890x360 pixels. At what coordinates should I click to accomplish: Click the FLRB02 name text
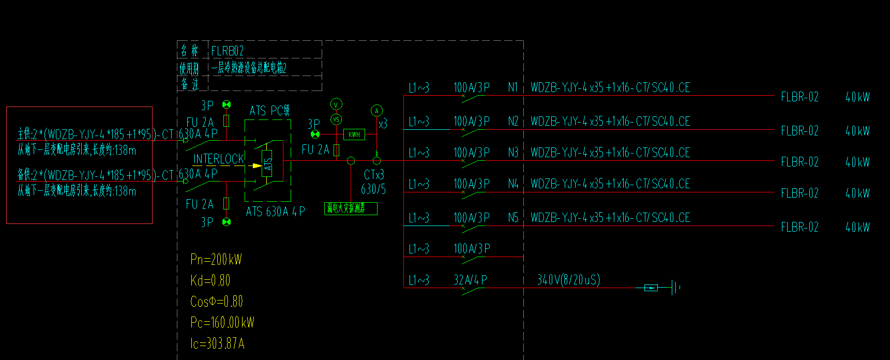point(228,51)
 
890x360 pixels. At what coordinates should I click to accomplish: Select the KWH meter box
point(354,134)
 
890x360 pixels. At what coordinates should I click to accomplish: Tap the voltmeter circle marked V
point(336,104)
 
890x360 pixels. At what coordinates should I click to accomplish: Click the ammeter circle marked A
point(376,111)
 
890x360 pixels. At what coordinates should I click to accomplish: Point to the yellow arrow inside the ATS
point(255,166)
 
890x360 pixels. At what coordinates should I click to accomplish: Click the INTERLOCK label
point(219,159)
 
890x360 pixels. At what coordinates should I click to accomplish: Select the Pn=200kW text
point(216,259)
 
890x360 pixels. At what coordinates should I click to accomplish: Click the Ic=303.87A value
point(217,343)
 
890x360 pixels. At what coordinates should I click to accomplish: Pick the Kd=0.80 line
point(210,280)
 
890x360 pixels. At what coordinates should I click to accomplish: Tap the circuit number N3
point(513,153)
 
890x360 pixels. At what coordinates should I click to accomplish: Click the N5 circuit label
point(513,218)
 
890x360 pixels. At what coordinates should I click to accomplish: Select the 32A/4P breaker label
point(470,280)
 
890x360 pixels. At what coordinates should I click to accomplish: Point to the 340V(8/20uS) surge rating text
point(569,280)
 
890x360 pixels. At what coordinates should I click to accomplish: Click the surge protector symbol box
point(651,288)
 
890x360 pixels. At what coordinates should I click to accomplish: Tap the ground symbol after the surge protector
point(675,288)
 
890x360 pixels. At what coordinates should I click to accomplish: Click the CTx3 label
point(374,175)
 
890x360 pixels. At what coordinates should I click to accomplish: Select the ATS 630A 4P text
point(275,212)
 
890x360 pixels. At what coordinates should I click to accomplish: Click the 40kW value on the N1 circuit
point(857,97)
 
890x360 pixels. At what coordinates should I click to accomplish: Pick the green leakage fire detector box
point(351,208)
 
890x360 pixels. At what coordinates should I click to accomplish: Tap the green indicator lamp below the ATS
point(226,222)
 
